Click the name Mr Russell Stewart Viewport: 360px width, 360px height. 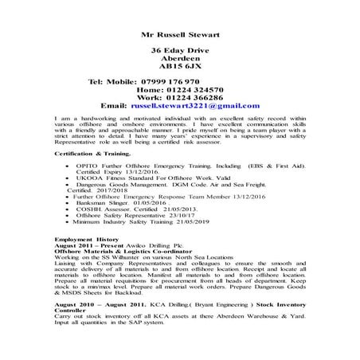pos(179,36)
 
